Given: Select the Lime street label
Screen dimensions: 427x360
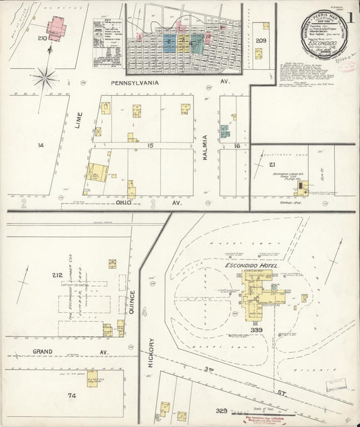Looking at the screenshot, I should [x=80, y=122].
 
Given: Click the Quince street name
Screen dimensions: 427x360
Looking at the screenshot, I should [x=132, y=301].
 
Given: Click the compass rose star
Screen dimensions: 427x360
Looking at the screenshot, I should [x=45, y=78].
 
